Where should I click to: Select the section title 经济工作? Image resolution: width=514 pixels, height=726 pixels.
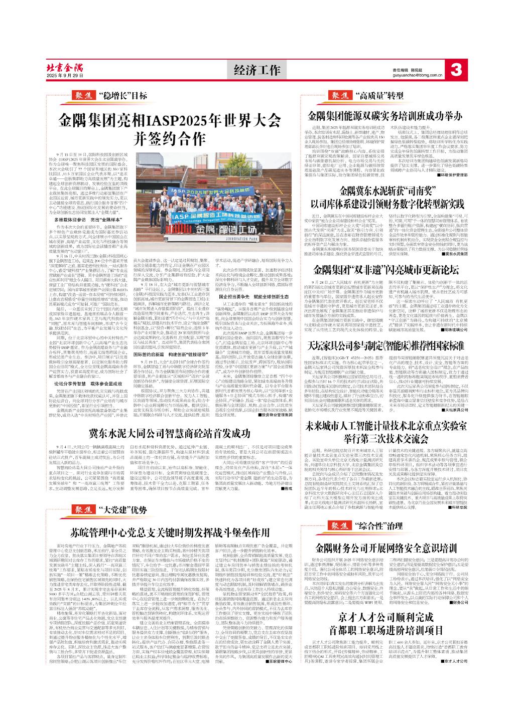point(257,70)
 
